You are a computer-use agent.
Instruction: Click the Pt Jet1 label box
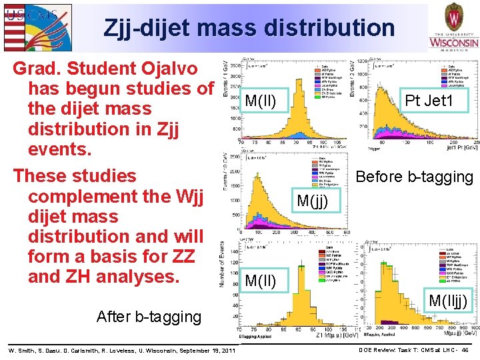pos(429,101)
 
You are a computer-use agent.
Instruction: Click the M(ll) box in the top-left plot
pos(265,101)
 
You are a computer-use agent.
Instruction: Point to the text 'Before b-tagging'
pos(414,177)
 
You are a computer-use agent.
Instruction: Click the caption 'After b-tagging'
pos(149,317)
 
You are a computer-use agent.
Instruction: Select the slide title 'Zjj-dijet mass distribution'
pos(249,28)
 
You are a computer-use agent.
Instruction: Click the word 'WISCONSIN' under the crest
pos(453,43)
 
